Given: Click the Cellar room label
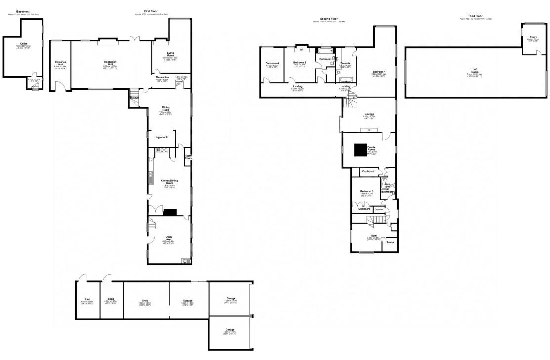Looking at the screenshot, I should click(24, 44).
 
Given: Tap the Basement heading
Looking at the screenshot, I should click(23, 11).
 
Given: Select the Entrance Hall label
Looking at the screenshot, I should click(61, 63).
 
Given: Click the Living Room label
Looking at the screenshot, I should click(170, 54).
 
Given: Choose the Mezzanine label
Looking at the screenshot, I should click(163, 77).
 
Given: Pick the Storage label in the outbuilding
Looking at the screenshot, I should click(188, 300).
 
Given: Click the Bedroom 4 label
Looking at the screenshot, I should click(272, 63).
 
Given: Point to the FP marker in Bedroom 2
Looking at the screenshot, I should click(300, 49).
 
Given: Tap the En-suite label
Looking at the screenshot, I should click(345, 63).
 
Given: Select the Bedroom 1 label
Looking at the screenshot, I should click(380, 72).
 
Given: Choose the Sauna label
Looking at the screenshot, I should click(390, 242).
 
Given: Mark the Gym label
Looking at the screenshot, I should click(373, 235).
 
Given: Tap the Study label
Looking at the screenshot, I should click(533, 37).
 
